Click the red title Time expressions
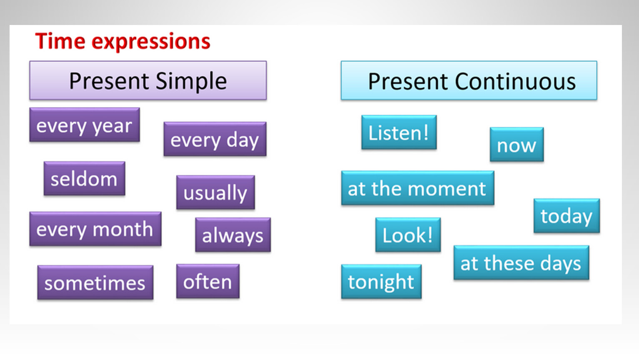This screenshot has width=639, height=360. pos(123,42)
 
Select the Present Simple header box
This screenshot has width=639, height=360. pos(148,80)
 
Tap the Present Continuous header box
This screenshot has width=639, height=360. pos(469,80)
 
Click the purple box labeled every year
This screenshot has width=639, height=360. pos(85,125)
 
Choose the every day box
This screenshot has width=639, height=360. pos(215,139)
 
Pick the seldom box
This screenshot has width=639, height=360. pos(85,178)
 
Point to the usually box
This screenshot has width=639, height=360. pos(216,192)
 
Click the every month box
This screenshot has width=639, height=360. pos(95,229)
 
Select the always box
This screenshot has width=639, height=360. pos(233,235)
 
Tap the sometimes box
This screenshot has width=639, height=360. pos(95,282)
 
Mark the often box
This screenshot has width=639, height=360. pos(208,281)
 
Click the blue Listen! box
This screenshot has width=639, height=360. pos(399,132)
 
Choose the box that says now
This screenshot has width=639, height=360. pos(517,144)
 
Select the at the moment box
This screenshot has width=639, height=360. pos(418,187)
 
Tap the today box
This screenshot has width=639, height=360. pos(567,216)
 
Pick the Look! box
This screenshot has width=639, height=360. pos(408,235)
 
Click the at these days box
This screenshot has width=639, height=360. pos(521,262)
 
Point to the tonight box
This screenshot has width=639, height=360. pos(381,282)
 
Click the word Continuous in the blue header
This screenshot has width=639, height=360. pos(515,82)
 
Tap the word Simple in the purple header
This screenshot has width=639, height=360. pos(191,82)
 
